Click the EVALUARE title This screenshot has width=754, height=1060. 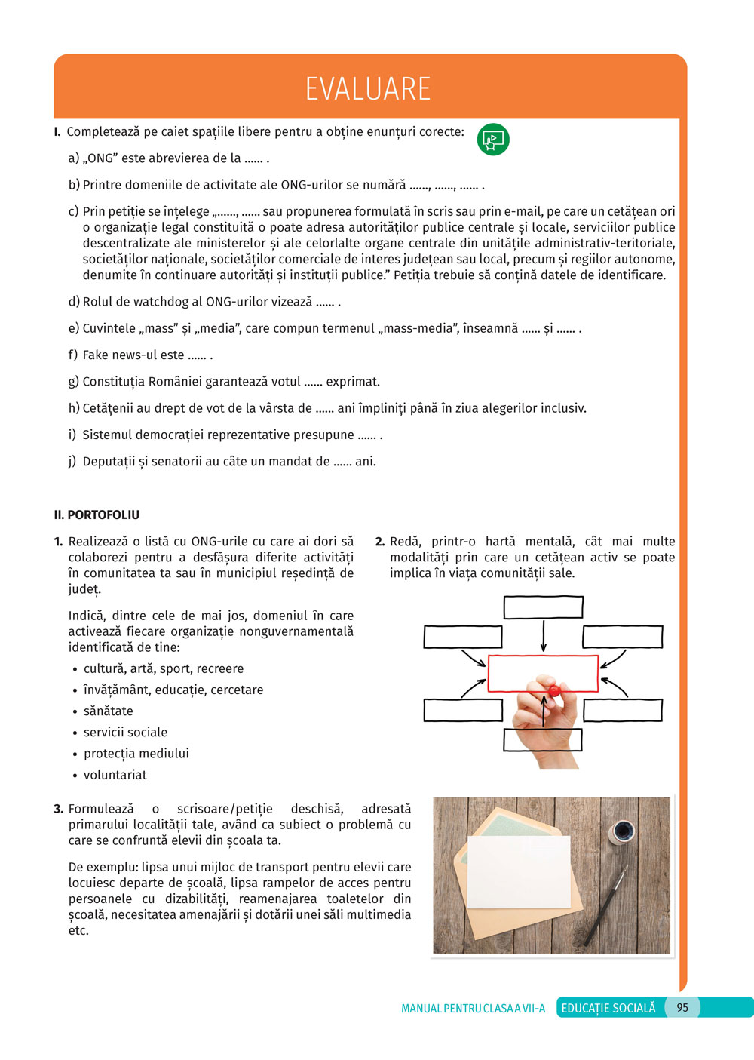pyautogui.click(x=368, y=88)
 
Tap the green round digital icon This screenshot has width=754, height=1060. pyautogui.click(x=493, y=140)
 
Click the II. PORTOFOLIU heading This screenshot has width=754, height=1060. pyautogui.click(x=97, y=515)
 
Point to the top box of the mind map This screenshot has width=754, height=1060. pyautogui.click(x=543, y=607)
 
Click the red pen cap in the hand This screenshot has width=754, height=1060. pyautogui.click(x=554, y=690)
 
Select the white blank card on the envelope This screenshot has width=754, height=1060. pyautogui.click(x=519, y=872)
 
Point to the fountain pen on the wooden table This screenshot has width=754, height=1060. pyautogui.click(x=606, y=905)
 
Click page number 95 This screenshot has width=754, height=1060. pyautogui.click(x=682, y=1007)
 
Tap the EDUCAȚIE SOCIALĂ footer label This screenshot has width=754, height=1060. pyautogui.click(x=608, y=1008)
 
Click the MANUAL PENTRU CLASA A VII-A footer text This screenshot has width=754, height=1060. pyautogui.click(x=473, y=1008)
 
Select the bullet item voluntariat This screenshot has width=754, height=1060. pyautogui.click(x=115, y=775)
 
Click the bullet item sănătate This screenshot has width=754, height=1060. pyautogui.click(x=109, y=711)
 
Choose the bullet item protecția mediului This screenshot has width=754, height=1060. pyautogui.click(x=136, y=754)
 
